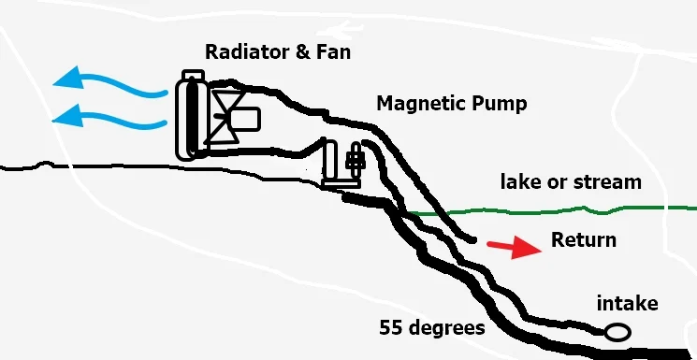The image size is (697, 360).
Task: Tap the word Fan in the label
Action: (x=333, y=51)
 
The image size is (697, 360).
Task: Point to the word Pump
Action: (x=500, y=104)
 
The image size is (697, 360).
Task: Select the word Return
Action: (x=584, y=240)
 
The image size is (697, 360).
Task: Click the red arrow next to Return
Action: (x=515, y=248)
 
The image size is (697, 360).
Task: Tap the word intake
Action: (x=627, y=304)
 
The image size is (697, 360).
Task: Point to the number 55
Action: (x=390, y=328)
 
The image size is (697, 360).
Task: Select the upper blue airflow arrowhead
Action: (x=69, y=79)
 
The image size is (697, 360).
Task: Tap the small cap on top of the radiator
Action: (x=194, y=75)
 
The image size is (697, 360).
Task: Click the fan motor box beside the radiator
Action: (x=244, y=119)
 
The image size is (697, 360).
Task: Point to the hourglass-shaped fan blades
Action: (x=225, y=117)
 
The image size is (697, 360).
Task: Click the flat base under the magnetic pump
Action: (x=341, y=183)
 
